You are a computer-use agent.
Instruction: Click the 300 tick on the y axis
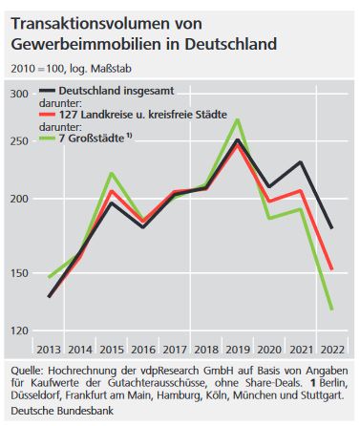click(x=19, y=94)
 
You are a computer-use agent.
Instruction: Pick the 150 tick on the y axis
click(x=19, y=274)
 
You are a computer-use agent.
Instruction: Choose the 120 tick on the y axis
click(x=19, y=331)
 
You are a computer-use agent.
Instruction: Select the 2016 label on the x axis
click(x=143, y=350)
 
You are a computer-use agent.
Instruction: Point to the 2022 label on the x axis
click(x=331, y=350)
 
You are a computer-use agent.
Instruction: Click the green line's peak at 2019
click(x=238, y=119)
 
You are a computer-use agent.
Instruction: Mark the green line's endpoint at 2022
click(x=331, y=309)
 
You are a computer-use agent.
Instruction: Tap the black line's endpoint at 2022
click(x=331, y=227)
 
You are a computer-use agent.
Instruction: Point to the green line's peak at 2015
click(x=112, y=173)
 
